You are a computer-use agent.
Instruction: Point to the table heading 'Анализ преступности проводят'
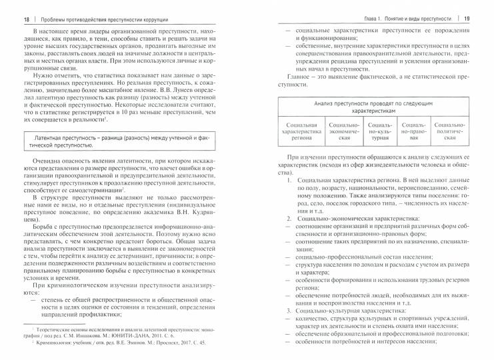point(378,109)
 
